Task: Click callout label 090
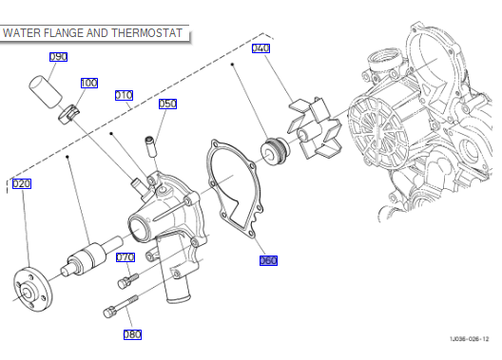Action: (x=58, y=57)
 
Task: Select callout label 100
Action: (x=89, y=84)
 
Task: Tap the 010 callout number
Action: (x=124, y=95)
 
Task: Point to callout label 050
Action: (x=167, y=104)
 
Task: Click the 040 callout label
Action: (x=261, y=48)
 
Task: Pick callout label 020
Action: (x=22, y=184)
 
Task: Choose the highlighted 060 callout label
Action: (x=268, y=260)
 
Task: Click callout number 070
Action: (x=125, y=257)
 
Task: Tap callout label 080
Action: (x=132, y=334)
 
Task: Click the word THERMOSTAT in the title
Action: (x=147, y=33)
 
